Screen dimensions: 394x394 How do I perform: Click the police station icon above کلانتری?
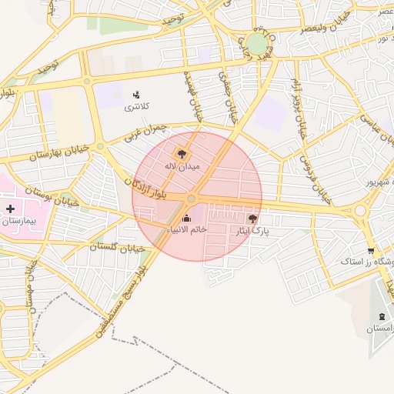pyautogui.click(x=137, y=94)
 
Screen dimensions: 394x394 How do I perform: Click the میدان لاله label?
pyautogui.click(x=182, y=165)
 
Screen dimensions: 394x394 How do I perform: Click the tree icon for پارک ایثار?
pyautogui.click(x=253, y=219)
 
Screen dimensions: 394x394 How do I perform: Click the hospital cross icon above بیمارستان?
pyautogui.click(x=10, y=209)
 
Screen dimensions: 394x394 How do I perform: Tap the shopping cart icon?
pyautogui.click(x=371, y=250)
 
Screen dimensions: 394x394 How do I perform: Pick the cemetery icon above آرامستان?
pyautogui.click(x=382, y=316)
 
